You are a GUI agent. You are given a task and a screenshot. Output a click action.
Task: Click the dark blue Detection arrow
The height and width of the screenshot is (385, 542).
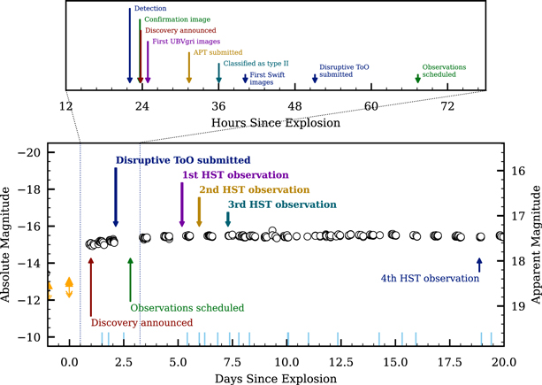pyautogui.click(x=130, y=46)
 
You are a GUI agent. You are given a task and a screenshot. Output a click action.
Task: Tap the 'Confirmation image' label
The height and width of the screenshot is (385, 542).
pyautogui.click(x=178, y=19)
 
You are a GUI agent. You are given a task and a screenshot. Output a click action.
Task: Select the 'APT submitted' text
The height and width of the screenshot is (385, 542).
pyautogui.click(x=218, y=52)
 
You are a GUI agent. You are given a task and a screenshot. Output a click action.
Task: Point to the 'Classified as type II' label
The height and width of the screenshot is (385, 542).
pyautogui.click(x=256, y=64)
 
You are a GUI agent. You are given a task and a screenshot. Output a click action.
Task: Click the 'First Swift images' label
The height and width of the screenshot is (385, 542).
pyautogui.click(x=267, y=79)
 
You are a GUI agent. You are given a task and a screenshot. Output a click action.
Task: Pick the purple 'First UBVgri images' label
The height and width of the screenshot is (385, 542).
pyautogui.click(x=187, y=42)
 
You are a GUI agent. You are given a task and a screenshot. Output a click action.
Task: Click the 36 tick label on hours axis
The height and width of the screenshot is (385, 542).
pyautogui.click(x=218, y=106)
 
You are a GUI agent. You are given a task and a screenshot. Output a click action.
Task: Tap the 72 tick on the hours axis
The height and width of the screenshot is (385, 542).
pyautogui.click(x=447, y=106)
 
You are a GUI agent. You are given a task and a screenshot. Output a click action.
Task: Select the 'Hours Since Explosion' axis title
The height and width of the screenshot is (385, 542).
pyautogui.click(x=276, y=123)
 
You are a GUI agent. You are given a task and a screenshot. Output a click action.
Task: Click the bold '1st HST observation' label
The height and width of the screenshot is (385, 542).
pyautogui.click(x=235, y=175)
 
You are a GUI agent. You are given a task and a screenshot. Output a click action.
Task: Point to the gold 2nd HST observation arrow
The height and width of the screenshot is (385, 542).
pyautogui.click(x=199, y=212)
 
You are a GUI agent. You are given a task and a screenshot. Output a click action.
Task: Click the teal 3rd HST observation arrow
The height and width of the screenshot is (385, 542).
pyautogui.click(x=228, y=219)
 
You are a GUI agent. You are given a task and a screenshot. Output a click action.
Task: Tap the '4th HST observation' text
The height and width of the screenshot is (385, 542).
pyautogui.click(x=430, y=279)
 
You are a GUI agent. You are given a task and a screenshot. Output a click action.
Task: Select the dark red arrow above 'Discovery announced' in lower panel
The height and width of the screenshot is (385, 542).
pyautogui.click(x=91, y=287)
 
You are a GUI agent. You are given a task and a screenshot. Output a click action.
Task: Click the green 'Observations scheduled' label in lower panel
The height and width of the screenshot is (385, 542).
pyautogui.click(x=187, y=308)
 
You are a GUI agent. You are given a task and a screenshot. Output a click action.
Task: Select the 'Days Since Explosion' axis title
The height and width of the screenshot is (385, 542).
pyautogui.click(x=276, y=379)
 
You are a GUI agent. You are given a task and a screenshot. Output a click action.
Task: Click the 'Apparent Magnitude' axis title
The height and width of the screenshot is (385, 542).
pyautogui.click(x=536, y=244)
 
